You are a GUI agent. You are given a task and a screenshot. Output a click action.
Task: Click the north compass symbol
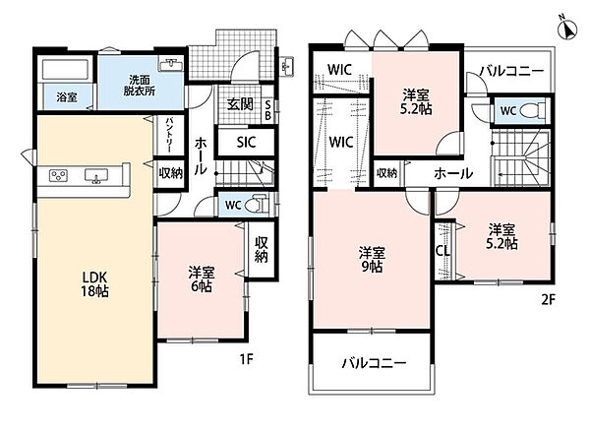(x=568, y=28)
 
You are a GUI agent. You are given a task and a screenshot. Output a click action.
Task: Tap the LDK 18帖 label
(x=94, y=284)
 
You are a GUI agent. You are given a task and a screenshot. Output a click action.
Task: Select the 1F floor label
(x=247, y=360)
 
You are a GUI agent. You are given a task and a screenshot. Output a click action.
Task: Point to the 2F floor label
(x=549, y=300)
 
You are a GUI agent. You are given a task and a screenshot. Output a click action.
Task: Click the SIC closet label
(x=247, y=143)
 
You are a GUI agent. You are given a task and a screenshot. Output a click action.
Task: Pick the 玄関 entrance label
(x=240, y=104)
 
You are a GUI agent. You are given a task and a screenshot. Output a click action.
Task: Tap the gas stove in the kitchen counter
(x=59, y=175)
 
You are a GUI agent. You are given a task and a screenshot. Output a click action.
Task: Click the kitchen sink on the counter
(x=96, y=176)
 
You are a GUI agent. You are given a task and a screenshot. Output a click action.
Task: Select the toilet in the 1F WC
(x=257, y=205)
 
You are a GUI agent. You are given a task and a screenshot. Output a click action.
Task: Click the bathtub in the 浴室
(x=66, y=70)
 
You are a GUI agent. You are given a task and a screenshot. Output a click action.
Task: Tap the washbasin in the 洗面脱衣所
(x=172, y=65)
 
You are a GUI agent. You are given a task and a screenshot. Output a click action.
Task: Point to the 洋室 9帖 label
(x=372, y=259)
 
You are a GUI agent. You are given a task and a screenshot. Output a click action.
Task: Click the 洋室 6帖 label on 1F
(x=202, y=278)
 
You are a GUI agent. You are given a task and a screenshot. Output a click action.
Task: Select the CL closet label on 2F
(x=442, y=251)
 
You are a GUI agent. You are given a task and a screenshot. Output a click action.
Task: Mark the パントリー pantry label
(x=168, y=135)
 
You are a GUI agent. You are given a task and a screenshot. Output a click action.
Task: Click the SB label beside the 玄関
(x=267, y=110)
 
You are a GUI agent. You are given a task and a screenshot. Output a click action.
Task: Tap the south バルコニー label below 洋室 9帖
(x=375, y=363)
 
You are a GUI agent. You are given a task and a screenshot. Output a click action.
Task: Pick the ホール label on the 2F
(x=453, y=173)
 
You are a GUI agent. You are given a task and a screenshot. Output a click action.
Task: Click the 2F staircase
(x=520, y=157)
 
